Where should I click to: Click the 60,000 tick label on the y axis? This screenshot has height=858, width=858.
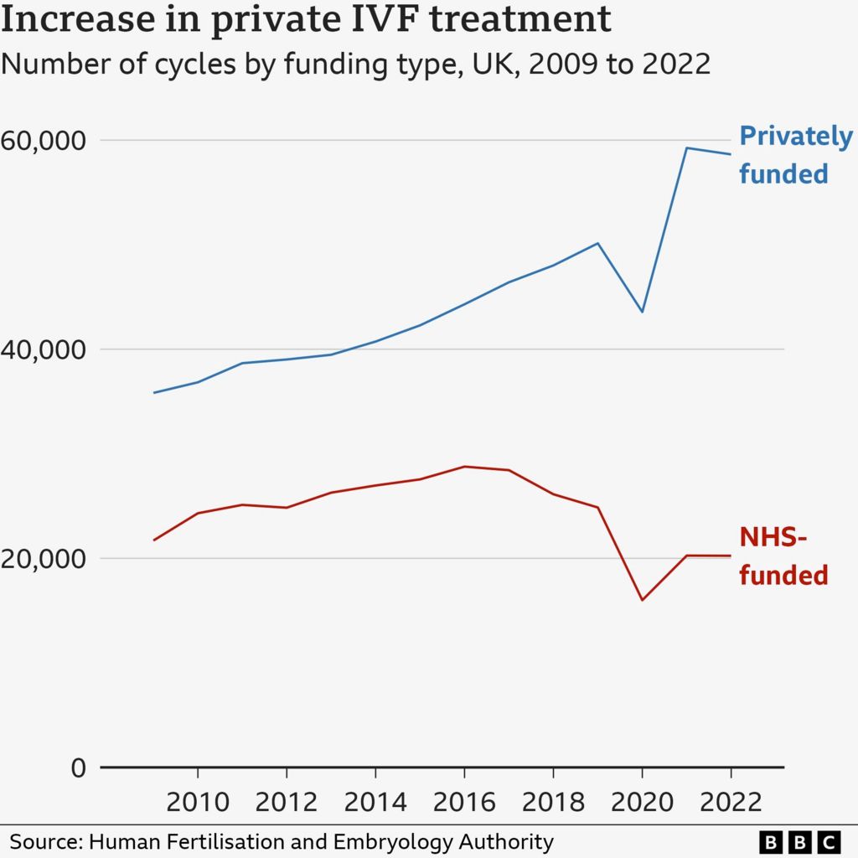[x=44, y=140]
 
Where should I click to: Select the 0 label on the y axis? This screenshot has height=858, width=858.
[x=78, y=768]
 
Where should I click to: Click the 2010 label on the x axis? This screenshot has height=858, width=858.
[x=197, y=802]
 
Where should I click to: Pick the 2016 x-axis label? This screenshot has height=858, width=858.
[x=464, y=802]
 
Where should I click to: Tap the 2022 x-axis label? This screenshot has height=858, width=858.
[x=731, y=802]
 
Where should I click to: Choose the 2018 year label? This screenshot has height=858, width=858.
[x=553, y=802]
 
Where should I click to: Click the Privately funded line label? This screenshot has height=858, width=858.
[x=783, y=155]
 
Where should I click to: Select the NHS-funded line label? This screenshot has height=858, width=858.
[x=783, y=556]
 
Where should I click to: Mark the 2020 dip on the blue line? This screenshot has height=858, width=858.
[x=642, y=312]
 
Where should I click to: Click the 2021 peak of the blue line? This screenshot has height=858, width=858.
[x=686, y=148]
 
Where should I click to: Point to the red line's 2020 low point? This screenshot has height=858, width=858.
[x=642, y=600]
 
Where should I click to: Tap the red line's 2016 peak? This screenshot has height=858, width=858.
[x=464, y=467]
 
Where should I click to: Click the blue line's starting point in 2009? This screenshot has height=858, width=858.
[x=153, y=392]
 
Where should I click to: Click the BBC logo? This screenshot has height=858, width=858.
[x=799, y=841]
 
